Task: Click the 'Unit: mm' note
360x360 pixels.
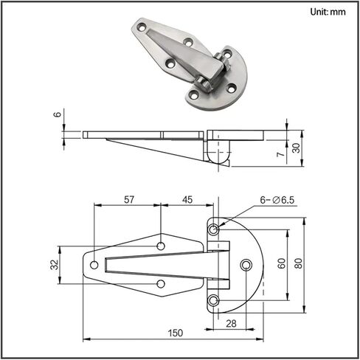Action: [x=328, y=12]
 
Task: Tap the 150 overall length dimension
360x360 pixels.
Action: [x=176, y=333]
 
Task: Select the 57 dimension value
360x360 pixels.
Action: [x=129, y=200]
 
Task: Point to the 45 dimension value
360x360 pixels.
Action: [x=187, y=200]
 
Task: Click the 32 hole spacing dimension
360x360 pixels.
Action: [x=55, y=265]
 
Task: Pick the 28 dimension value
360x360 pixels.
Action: [x=231, y=324]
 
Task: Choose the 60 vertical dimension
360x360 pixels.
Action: [x=282, y=263]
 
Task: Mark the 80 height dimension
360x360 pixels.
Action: [x=299, y=263]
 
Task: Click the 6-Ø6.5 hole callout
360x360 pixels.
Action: [x=277, y=200]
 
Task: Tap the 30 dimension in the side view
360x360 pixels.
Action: [x=297, y=148]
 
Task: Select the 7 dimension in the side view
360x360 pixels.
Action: [x=281, y=154]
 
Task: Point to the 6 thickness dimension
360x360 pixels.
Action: [x=58, y=114]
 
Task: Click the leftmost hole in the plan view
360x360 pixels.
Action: [x=94, y=265]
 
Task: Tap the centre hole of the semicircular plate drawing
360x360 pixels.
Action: [x=246, y=265]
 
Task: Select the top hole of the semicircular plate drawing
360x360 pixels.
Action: [x=213, y=229]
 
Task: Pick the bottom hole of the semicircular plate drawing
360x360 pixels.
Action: [x=213, y=300]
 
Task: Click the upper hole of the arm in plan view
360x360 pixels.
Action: [x=161, y=246]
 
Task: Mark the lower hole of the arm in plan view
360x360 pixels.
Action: [x=161, y=284]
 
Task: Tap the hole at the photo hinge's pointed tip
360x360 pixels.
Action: [x=142, y=27]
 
